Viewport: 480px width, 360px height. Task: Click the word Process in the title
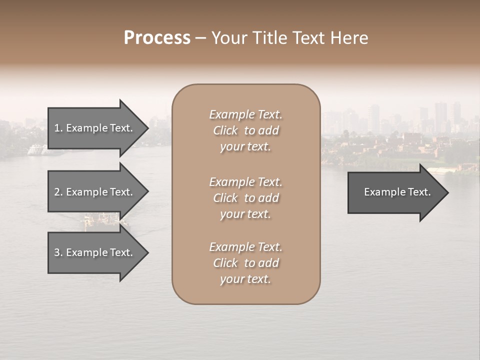pyautogui.click(x=157, y=38)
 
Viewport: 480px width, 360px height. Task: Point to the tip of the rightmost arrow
pyautogui.click(x=447, y=192)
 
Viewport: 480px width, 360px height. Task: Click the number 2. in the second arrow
pyautogui.click(x=58, y=192)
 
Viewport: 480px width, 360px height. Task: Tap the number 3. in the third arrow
pyautogui.click(x=58, y=252)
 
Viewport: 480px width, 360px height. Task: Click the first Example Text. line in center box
pyautogui.click(x=245, y=114)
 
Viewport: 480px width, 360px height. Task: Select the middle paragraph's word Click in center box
pyautogui.click(x=225, y=198)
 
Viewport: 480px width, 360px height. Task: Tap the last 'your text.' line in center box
pyautogui.click(x=245, y=279)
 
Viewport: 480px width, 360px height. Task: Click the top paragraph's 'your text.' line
pyautogui.click(x=245, y=146)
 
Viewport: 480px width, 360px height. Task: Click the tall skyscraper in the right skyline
pyautogui.click(x=440, y=116)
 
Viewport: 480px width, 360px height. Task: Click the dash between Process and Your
pyautogui.click(x=200, y=38)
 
